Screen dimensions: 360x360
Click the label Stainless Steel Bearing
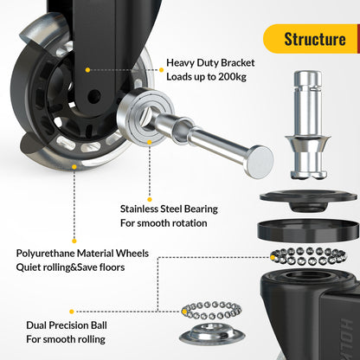(x=168, y=209)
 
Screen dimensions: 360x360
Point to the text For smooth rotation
(x=164, y=223)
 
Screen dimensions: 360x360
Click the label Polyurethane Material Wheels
(x=82, y=254)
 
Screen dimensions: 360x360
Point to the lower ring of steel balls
(x=212, y=312)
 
